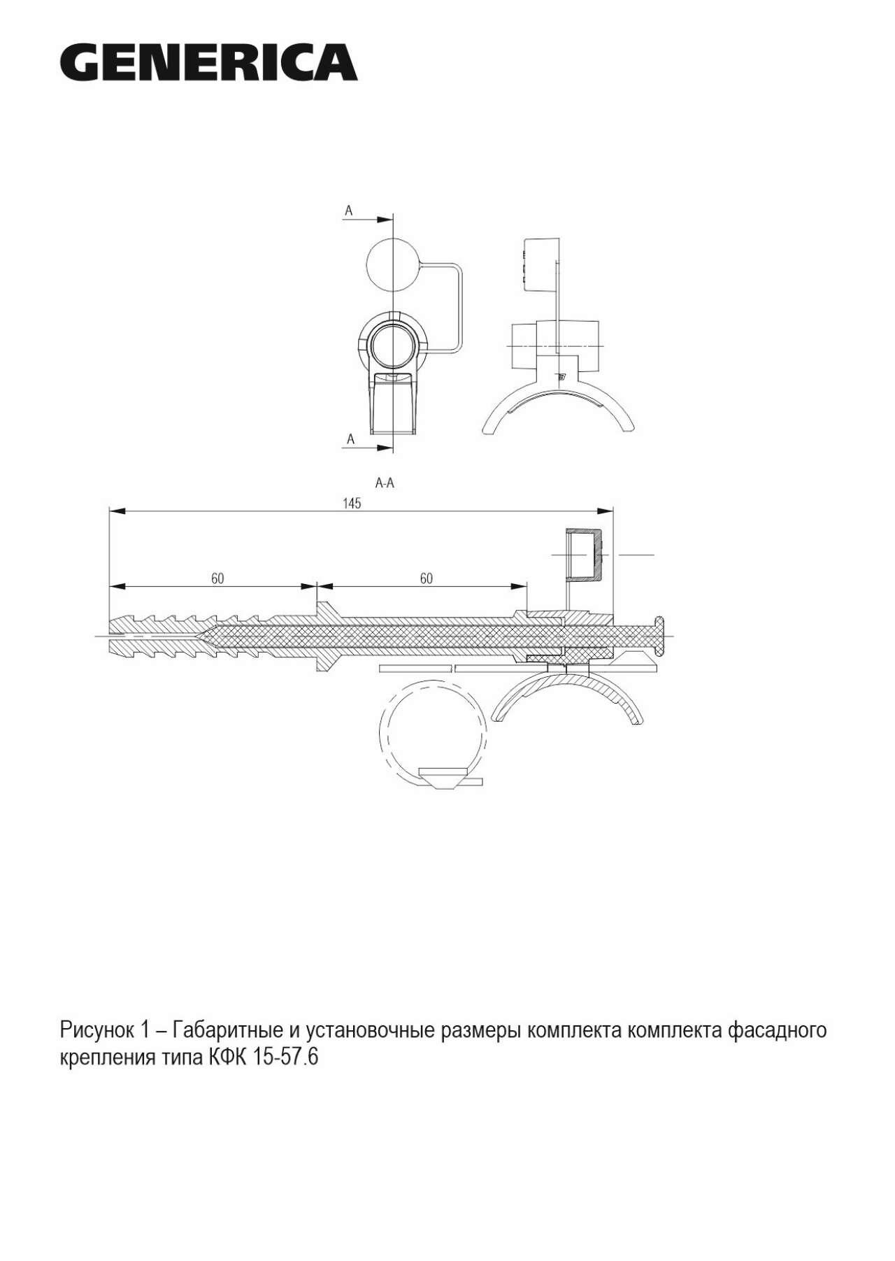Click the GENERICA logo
[208, 62]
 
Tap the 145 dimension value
[352, 504]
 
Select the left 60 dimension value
[217, 578]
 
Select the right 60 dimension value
[426, 578]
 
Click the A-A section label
[385, 483]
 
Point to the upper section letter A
[348, 210]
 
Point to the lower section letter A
[351, 439]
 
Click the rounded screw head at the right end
[659, 636]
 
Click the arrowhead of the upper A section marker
[385, 219]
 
